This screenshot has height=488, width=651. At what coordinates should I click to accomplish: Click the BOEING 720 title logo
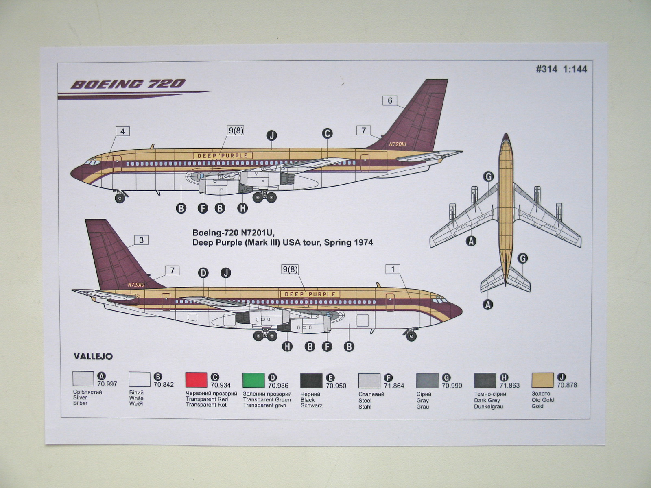click(x=128, y=84)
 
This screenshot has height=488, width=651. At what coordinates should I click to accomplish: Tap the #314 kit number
click(x=546, y=69)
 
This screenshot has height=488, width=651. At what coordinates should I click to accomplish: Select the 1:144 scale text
click(x=575, y=69)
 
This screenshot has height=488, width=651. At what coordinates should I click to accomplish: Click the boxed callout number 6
click(x=390, y=100)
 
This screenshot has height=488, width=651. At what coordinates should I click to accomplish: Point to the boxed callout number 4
click(x=122, y=131)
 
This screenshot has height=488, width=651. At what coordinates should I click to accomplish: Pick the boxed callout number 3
click(x=141, y=240)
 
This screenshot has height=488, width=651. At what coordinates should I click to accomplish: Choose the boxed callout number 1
click(x=393, y=269)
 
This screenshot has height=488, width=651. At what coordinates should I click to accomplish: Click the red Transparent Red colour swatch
click(x=196, y=380)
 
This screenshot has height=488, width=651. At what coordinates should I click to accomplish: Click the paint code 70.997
click(x=107, y=384)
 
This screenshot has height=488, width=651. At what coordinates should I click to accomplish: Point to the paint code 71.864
click(x=394, y=386)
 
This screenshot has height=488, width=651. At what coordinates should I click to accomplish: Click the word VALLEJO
click(x=93, y=356)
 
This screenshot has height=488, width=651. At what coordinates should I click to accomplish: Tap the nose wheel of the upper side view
click(x=120, y=198)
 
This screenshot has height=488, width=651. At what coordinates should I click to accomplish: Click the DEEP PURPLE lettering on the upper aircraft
click(x=223, y=155)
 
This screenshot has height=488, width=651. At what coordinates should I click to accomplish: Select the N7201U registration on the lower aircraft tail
click(x=136, y=285)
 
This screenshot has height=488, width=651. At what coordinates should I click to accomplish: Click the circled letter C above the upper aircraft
click(x=327, y=133)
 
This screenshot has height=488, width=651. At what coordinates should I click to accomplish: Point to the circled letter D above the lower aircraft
click(x=203, y=272)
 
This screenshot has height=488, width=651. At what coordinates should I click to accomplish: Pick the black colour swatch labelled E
click(x=311, y=381)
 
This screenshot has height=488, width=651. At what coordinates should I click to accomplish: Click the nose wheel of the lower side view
click(x=411, y=336)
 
